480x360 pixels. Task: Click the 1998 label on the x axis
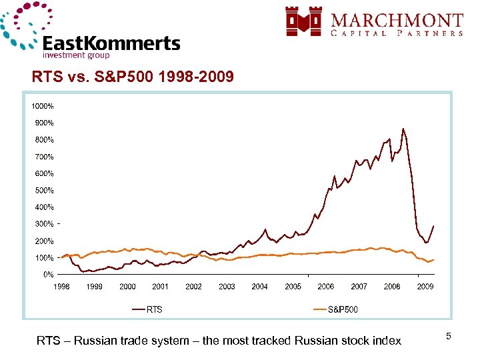point(61,287)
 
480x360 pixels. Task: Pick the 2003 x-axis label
point(227,287)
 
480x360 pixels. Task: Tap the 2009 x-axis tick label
point(425,287)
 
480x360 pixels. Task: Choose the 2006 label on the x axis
point(326,287)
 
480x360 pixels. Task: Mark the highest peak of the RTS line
point(403,129)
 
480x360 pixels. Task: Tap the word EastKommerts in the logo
point(111,44)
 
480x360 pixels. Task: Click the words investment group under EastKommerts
point(76,56)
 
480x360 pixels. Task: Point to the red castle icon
point(303,21)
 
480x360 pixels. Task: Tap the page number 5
point(449,337)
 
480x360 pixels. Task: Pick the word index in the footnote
point(387,341)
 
